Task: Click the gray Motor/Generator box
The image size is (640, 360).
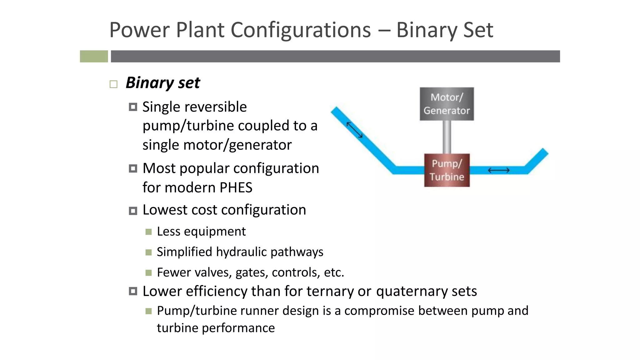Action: click(x=447, y=104)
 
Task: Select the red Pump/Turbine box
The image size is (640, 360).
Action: click(x=447, y=170)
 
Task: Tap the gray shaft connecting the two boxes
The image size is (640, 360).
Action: click(x=447, y=137)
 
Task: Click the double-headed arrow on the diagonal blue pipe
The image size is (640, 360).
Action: click(x=355, y=130)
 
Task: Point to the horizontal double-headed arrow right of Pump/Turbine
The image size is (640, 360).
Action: click(x=499, y=170)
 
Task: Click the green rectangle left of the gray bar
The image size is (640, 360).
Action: click(x=94, y=56)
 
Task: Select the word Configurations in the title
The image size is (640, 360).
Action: click(x=301, y=30)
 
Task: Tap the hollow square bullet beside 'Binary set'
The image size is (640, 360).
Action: click(x=113, y=84)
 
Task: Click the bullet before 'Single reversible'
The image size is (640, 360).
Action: click(x=133, y=107)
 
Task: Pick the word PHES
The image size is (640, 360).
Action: click(x=236, y=187)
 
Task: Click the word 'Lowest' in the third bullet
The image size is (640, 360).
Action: click(x=164, y=210)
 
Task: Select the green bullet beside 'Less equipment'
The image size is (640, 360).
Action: click(x=148, y=232)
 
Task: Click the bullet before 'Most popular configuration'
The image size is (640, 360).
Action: click(x=133, y=169)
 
